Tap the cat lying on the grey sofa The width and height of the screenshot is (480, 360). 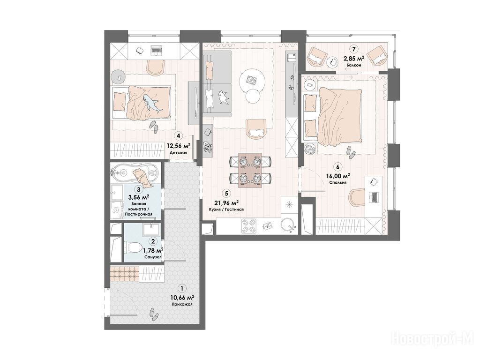[223, 97]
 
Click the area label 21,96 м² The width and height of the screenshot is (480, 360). [226, 202]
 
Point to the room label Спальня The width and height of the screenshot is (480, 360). [338, 182]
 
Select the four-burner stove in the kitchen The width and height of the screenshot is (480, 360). [248, 226]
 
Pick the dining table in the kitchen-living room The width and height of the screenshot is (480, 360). [250, 170]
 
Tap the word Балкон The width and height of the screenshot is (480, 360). [354, 65]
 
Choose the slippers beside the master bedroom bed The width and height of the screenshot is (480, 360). [351, 152]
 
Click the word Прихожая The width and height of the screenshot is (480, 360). [182, 304]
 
